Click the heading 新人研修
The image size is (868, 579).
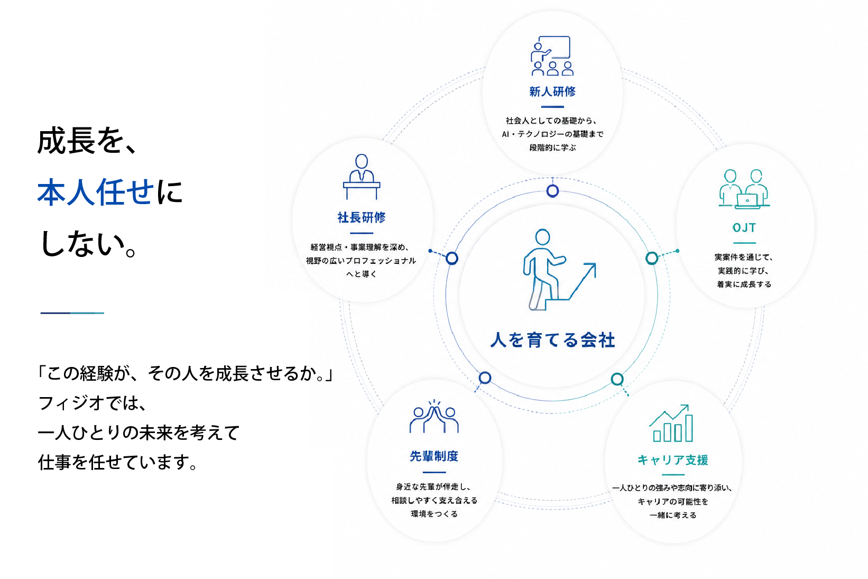552,91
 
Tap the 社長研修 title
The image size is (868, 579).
361,217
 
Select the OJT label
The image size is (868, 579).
744,227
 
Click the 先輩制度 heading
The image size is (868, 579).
434,456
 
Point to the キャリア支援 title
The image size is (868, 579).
673,459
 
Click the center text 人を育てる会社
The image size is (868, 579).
552,340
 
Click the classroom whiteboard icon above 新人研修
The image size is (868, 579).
552,56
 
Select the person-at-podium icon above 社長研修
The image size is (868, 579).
362,177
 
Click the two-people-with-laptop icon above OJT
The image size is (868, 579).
744,189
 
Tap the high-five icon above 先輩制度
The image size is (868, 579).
434,416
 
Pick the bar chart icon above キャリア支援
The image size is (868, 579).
671,423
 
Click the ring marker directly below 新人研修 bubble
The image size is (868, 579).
552,191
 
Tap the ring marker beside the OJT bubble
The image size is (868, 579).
652,258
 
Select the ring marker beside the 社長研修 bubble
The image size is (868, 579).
452,258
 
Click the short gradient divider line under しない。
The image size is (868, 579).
72,313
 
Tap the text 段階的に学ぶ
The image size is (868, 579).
552,148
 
